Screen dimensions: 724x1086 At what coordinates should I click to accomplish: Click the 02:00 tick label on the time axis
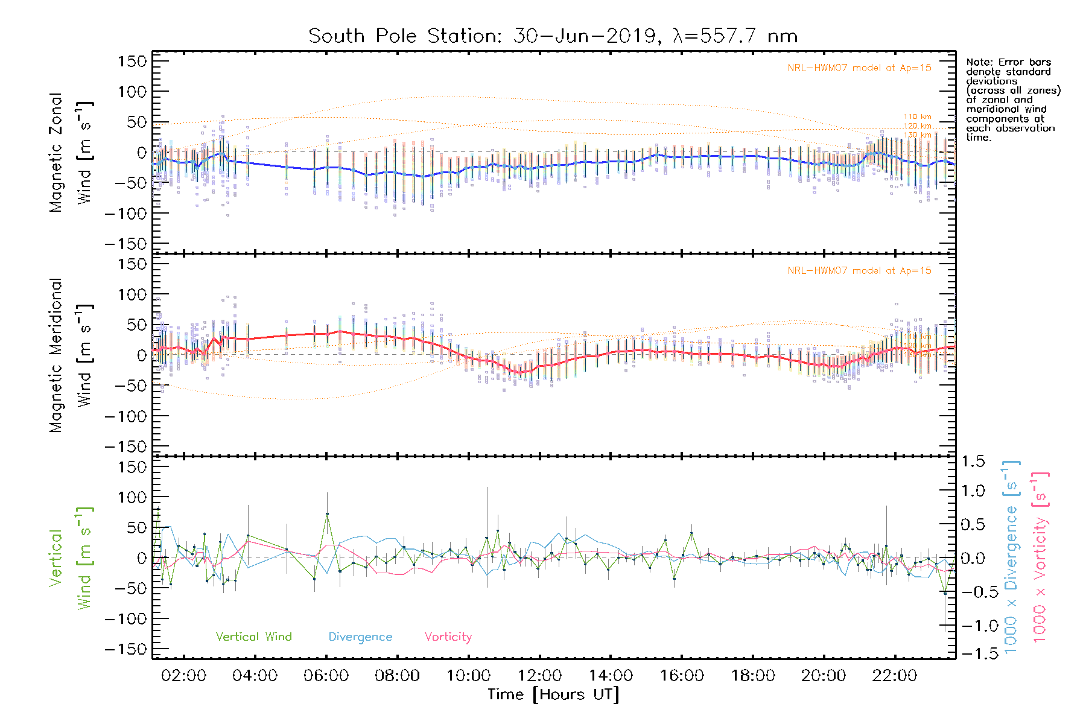(184, 676)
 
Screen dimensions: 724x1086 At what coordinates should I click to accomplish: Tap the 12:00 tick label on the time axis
(540, 676)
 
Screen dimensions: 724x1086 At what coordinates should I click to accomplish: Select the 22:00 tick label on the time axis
(895, 676)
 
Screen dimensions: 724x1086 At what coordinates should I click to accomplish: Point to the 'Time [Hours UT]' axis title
(553, 694)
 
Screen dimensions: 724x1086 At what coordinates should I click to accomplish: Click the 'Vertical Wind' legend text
(253, 637)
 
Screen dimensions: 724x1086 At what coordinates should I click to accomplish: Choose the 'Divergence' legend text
(360, 637)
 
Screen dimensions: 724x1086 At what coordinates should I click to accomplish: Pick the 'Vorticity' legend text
(448, 637)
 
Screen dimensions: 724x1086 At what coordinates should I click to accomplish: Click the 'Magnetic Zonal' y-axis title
(56, 152)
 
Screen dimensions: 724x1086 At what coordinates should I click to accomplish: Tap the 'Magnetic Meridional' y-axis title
(56, 355)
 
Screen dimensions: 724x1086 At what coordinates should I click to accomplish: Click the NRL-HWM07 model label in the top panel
(859, 68)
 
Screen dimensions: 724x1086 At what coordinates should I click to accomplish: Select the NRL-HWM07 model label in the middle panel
(859, 271)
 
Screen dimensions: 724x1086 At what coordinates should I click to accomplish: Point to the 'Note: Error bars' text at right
(1008, 63)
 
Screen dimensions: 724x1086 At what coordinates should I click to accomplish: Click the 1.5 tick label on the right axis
(973, 462)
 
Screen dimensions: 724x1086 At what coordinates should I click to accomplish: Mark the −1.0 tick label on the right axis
(973, 626)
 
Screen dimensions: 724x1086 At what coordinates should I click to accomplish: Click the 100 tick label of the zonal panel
(132, 92)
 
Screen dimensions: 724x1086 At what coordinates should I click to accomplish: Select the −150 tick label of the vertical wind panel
(125, 650)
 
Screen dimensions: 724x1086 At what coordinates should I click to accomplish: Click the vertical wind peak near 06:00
(327, 513)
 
